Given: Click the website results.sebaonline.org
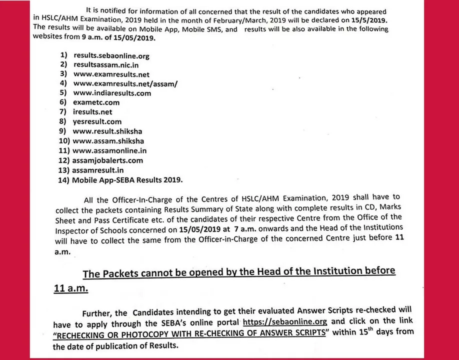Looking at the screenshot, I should click(111, 56).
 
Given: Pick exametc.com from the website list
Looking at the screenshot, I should click(96, 102).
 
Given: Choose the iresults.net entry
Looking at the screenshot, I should click(92, 112).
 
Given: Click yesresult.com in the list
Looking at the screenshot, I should click(96, 121).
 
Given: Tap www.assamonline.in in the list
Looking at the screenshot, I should click(109, 150).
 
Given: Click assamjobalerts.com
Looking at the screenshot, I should click(107, 160).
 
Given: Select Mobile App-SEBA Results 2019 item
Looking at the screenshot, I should click(127, 179).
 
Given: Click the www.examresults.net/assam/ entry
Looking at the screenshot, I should click(125, 84).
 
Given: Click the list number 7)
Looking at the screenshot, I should click(63, 112).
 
